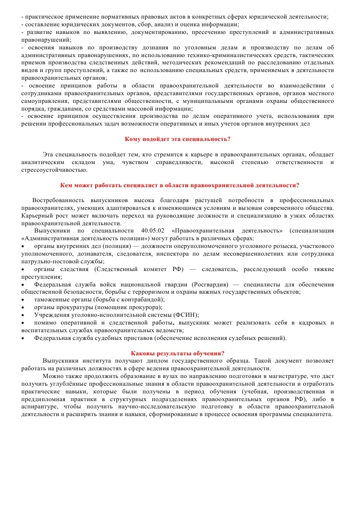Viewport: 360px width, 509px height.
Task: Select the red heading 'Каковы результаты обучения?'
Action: (x=178, y=353)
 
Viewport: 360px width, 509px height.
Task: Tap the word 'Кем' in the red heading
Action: (x=67, y=185)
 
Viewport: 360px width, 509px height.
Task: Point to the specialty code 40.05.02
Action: (x=154, y=231)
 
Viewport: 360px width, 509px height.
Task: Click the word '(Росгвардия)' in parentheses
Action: (x=210, y=284)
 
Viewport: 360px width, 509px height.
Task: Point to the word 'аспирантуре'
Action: (x=38, y=406)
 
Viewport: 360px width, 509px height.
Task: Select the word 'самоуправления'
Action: (x=44, y=101)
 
